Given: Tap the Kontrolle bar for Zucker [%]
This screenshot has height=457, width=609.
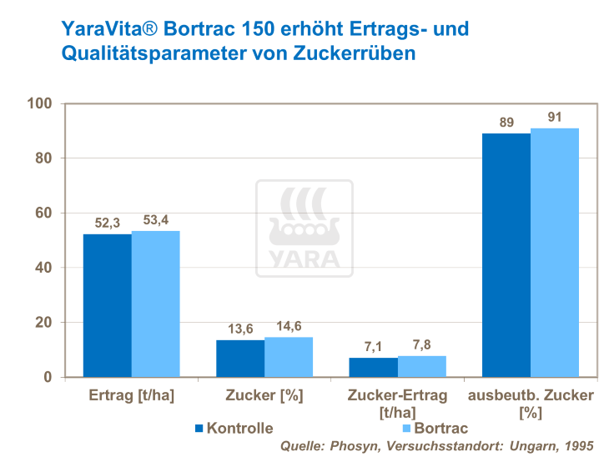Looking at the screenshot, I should (240, 358).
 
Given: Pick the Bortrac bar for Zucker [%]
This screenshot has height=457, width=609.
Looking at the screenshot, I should (289, 357).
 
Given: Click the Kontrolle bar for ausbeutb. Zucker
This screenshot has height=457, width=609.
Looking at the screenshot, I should (506, 254).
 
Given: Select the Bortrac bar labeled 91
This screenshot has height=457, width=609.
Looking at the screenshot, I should (555, 252).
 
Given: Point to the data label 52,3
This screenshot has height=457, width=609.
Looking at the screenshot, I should (107, 223).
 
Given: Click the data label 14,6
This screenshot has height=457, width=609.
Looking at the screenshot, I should (289, 326).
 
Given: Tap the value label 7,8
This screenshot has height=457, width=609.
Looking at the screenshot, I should (421, 345).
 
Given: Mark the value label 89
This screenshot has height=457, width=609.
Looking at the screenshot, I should (506, 123).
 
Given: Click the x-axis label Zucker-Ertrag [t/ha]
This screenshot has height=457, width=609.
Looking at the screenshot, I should (397, 403).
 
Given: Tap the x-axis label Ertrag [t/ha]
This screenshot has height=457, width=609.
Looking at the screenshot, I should (131, 395).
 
